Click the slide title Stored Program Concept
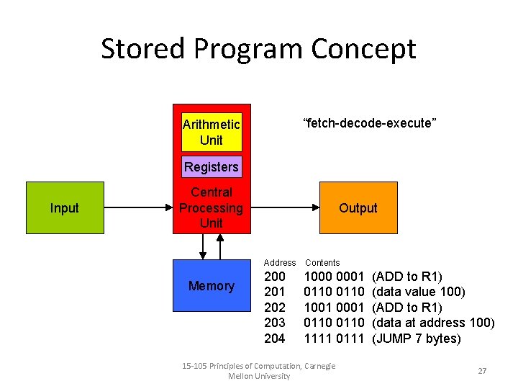pyautogui.click(x=258, y=49)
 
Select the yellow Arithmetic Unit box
pyautogui.click(x=212, y=132)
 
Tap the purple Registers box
pyautogui.click(x=211, y=167)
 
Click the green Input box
pyautogui.click(x=64, y=208)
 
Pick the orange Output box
pyautogui.click(x=358, y=208)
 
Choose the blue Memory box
pyautogui.click(x=211, y=286)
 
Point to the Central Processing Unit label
pyautogui.click(x=211, y=208)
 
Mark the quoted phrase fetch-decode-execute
pyautogui.click(x=371, y=123)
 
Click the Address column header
pyautogui.click(x=280, y=263)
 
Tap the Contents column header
pyautogui.click(x=322, y=263)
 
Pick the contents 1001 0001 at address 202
pyautogui.click(x=334, y=308)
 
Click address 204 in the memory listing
pyautogui.click(x=275, y=339)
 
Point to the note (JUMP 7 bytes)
pyautogui.click(x=417, y=339)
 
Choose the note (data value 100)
pyautogui.click(x=418, y=292)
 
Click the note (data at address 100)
pyautogui.click(x=432, y=323)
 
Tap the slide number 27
pyautogui.click(x=482, y=371)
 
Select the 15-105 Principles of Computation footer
pyautogui.click(x=260, y=371)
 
